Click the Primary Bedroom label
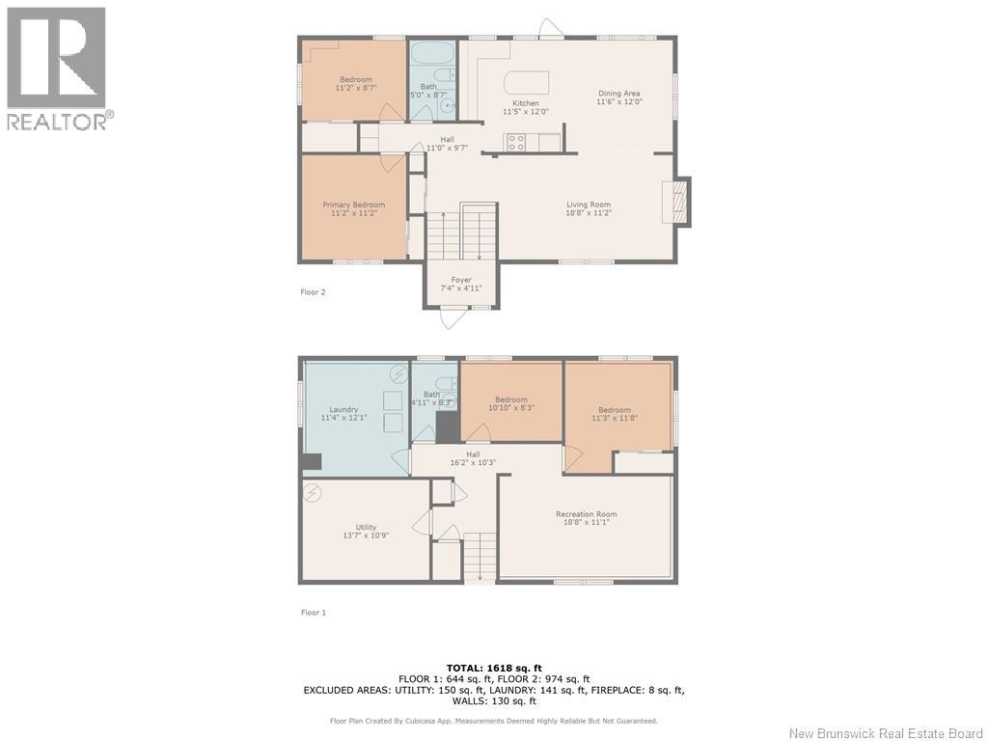(x=353, y=205)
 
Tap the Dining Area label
(x=618, y=94)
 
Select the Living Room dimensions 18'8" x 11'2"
(x=589, y=213)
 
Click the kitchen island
(x=527, y=82)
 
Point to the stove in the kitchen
(x=517, y=143)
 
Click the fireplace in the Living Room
(x=676, y=202)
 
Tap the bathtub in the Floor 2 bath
(x=431, y=52)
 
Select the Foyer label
(x=461, y=280)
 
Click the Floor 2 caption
(x=313, y=291)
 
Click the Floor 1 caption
(x=314, y=612)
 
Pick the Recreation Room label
(x=586, y=514)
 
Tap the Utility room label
(x=366, y=528)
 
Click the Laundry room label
(x=343, y=409)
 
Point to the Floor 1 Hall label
(x=473, y=454)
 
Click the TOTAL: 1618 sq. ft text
(x=494, y=668)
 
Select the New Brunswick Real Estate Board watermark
(x=886, y=733)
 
